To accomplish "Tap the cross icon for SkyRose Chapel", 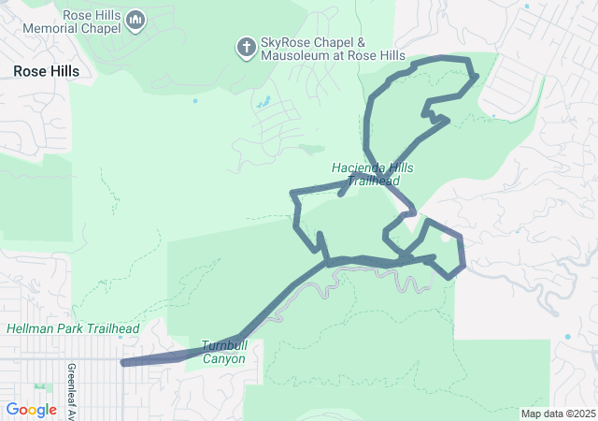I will click(247, 48).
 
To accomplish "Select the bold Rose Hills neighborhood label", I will click(46, 71).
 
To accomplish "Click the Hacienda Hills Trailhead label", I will click(372, 174).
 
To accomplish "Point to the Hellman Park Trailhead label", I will click(73, 329).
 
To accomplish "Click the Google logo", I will click(31, 410).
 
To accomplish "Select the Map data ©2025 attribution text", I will click(557, 414).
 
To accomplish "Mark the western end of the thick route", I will click(124, 362).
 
